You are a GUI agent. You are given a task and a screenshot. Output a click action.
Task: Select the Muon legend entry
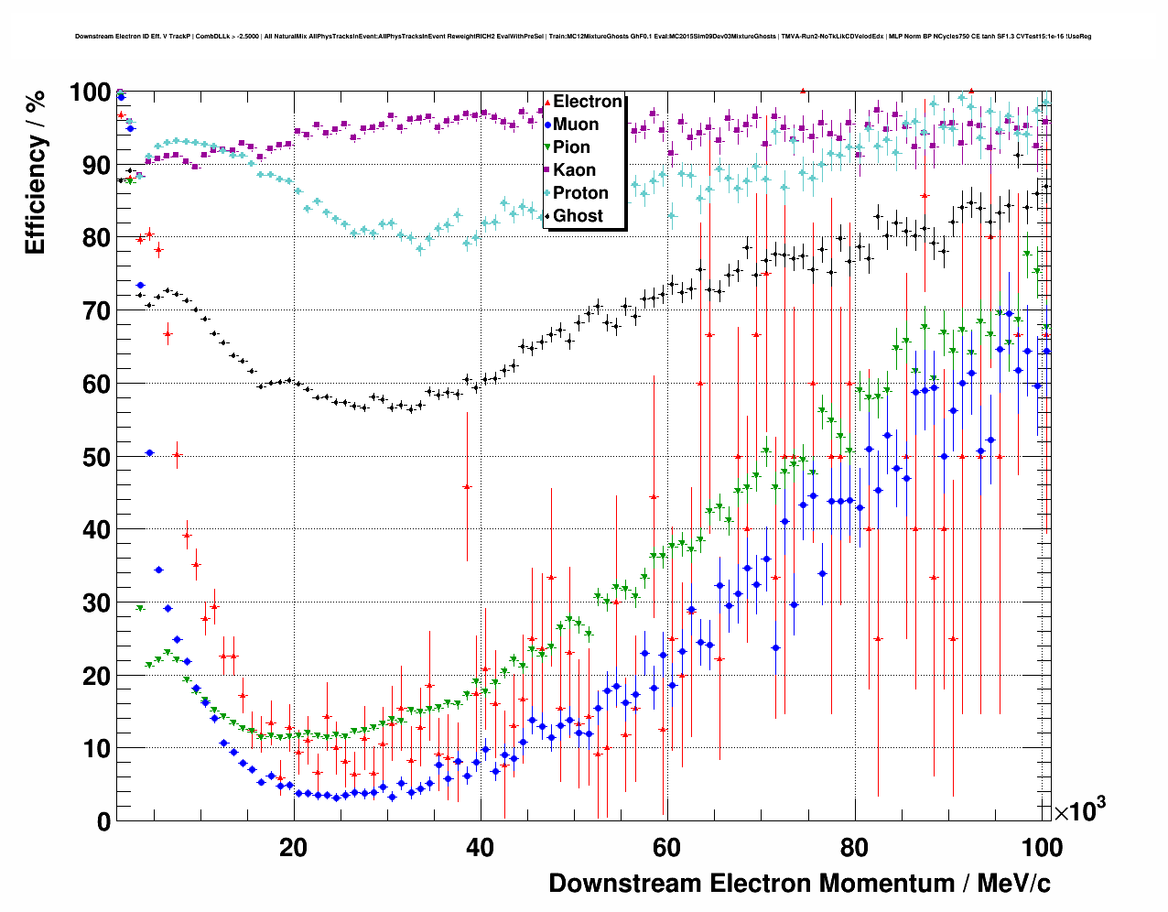(x=576, y=125)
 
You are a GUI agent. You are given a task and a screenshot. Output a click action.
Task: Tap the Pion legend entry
(x=571, y=147)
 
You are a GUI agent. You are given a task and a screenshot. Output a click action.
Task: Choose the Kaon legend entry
(x=574, y=170)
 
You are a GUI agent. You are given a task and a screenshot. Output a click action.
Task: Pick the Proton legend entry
(x=580, y=193)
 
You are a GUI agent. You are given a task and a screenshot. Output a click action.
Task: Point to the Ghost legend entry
(x=578, y=216)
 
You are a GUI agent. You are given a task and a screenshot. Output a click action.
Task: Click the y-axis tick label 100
(x=91, y=93)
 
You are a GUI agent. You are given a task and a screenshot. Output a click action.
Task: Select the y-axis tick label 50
(x=96, y=457)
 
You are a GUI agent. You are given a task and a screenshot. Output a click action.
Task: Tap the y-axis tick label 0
(x=103, y=821)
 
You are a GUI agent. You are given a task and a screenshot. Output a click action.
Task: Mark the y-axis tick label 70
(x=96, y=311)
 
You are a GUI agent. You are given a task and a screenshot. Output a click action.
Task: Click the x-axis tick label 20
(x=293, y=848)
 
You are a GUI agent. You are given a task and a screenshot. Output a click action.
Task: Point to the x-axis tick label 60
(x=667, y=848)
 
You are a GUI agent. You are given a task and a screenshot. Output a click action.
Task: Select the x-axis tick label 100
(x=1041, y=848)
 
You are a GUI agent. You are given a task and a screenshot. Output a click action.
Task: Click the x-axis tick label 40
(x=481, y=848)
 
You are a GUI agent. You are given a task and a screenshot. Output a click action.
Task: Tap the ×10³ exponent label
(x=1079, y=810)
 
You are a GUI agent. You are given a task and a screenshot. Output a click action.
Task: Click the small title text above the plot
(x=583, y=37)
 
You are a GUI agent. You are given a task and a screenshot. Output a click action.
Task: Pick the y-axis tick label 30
(x=96, y=603)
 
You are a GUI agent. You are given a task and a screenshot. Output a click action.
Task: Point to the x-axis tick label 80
(x=854, y=848)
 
